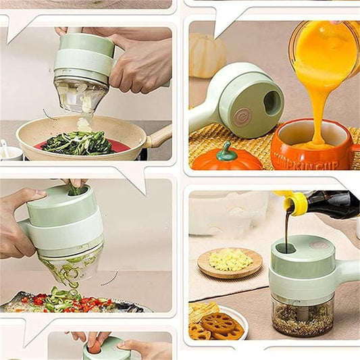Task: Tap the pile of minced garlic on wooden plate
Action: click(230, 259)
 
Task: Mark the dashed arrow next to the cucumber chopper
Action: click(110, 278)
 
